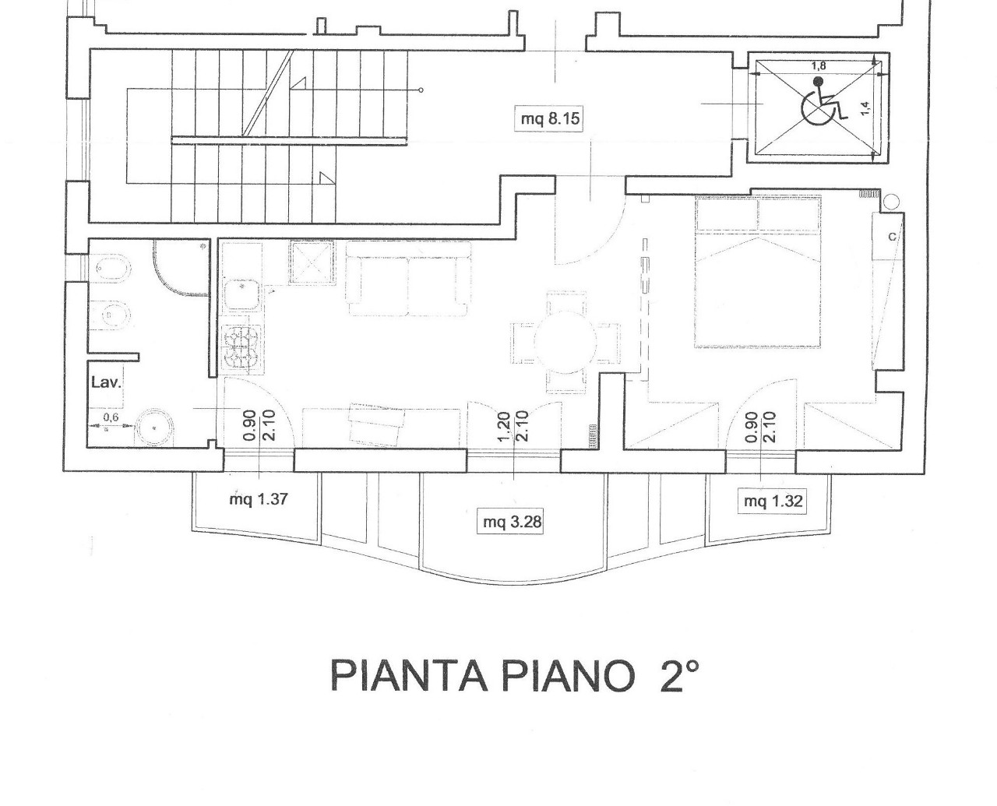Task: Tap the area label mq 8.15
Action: point(550,119)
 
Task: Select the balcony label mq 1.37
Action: point(259,499)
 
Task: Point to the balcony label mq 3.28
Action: point(512,522)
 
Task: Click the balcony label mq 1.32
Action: point(773,502)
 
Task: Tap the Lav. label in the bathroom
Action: point(106,382)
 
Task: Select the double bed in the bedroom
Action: point(759,272)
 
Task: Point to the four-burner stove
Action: point(241,348)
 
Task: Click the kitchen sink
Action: point(241,294)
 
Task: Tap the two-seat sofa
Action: point(408,278)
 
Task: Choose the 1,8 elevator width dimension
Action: point(819,66)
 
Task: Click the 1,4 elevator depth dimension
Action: point(866,108)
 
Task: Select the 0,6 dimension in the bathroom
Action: point(111,417)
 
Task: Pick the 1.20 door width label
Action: point(503,426)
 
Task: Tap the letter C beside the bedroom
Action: point(892,237)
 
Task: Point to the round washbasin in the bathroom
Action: point(154,428)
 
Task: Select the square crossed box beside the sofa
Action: point(312,262)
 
